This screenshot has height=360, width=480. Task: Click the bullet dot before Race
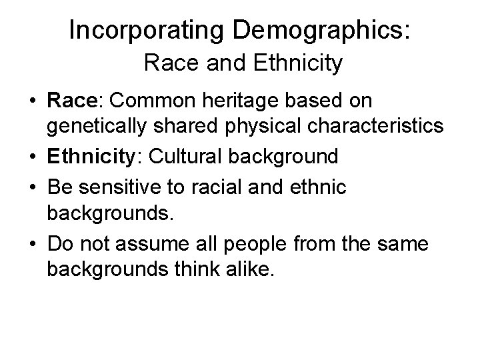point(32,101)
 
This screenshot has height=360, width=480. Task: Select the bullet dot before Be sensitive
point(32,187)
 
